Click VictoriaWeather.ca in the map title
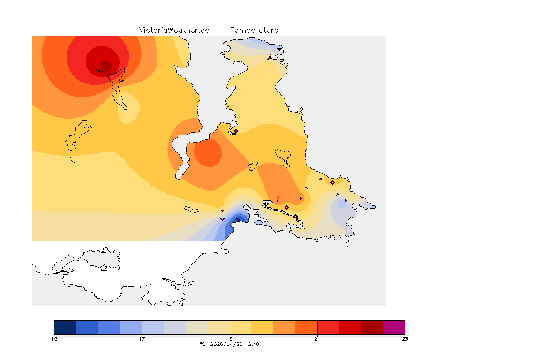[174, 30]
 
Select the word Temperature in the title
[254, 30]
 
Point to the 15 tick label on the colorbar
[54, 339]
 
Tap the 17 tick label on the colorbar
[142, 339]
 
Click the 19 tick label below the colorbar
[230, 339]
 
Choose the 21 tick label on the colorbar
[317, 339]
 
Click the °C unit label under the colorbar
[202, 344]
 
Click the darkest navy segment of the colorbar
[65, 327]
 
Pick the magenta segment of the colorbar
[394, 327]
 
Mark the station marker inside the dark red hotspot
[108, 68]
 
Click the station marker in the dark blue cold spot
[238, 218]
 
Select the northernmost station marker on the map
[270, 59]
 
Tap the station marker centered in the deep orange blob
[212, 148]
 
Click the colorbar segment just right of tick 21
[328, 327]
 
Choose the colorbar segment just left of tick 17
[131, 327]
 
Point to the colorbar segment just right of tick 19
[240, 327]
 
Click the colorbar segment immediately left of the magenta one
[372, 327]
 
